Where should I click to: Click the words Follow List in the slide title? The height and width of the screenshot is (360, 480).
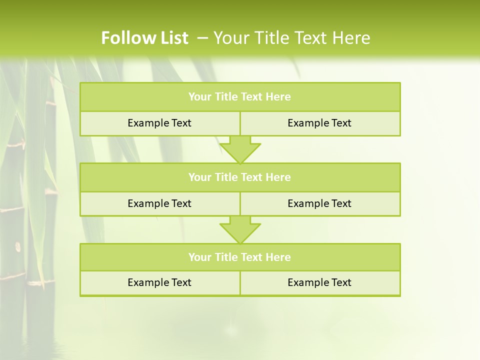point(144,38)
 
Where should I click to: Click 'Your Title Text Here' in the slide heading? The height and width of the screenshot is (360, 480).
point(292,38)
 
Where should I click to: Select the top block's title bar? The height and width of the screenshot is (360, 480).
point(240,97)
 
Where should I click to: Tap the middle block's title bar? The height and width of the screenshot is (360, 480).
point(240,177)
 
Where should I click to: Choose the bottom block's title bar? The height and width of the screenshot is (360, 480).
point(240,257)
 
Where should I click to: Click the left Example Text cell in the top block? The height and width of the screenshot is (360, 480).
point(159,123)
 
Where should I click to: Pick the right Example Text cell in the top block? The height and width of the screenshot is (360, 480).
point(319,123)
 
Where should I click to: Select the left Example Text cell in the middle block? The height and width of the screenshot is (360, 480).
point(159,203)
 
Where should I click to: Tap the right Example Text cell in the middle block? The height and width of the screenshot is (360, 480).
point(319,203)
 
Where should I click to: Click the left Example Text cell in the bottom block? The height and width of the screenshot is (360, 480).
point(159,282)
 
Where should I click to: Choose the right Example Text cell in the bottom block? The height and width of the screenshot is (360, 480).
point(319,282)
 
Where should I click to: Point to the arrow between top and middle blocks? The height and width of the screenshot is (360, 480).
point(240,149)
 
